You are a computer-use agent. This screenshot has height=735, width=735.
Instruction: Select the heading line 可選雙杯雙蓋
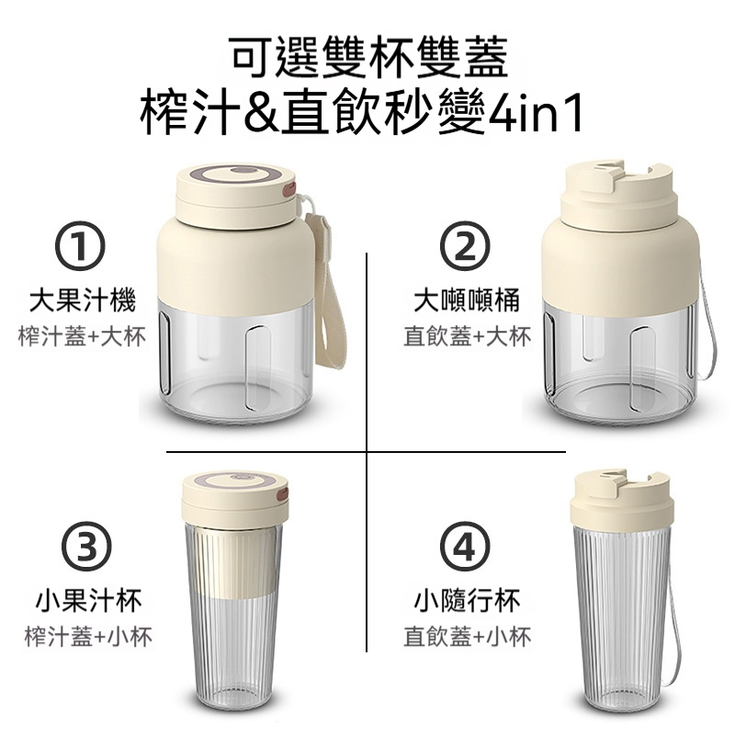(367, 57)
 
